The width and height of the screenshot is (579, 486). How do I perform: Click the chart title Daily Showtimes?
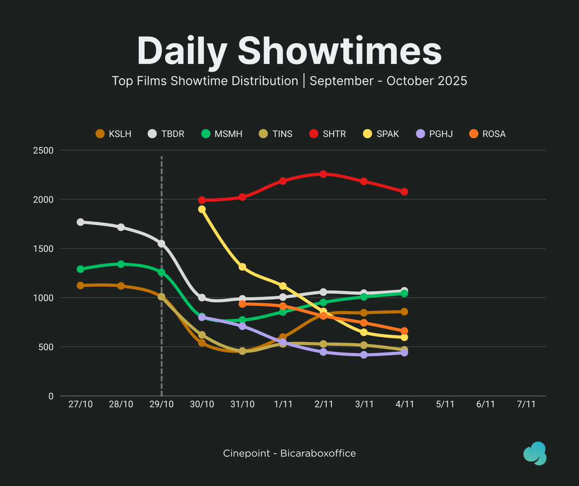point(289,51)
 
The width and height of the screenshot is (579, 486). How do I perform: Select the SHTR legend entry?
point(329,134)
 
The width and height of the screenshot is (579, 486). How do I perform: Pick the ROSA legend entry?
point(488,134)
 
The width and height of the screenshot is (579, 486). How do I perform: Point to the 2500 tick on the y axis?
point(43,150)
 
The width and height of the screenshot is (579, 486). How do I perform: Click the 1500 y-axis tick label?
point(43,249)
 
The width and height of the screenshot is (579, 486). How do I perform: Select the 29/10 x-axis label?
point(161,404)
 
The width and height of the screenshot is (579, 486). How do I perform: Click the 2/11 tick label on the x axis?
point(323,404)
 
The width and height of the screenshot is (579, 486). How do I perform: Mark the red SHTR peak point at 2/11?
point(323,174)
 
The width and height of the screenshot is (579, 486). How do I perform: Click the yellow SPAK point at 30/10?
point(202,209)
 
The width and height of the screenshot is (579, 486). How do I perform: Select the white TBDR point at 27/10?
point(81,222)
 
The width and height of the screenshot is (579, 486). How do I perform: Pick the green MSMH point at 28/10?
point(121,264)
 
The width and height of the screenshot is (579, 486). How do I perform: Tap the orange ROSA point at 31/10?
point(242,304)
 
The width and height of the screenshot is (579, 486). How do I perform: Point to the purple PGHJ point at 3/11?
point(364,355)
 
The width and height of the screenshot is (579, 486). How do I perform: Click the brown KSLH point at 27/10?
point(81,286)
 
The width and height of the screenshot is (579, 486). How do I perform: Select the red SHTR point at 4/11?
point(404,192)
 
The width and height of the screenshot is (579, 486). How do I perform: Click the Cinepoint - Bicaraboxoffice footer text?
point(289,453)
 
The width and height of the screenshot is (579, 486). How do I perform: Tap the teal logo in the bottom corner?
point(535,454)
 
